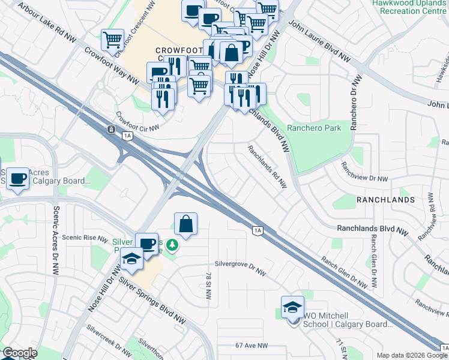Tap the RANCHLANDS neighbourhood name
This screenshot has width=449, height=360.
coord(385,199)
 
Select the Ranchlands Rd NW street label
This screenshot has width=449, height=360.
coord(267,167)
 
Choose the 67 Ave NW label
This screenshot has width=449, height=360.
coord(252,346)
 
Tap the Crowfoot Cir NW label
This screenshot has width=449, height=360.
coord(137,122)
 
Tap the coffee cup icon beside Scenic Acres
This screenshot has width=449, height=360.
coord(17,178)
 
